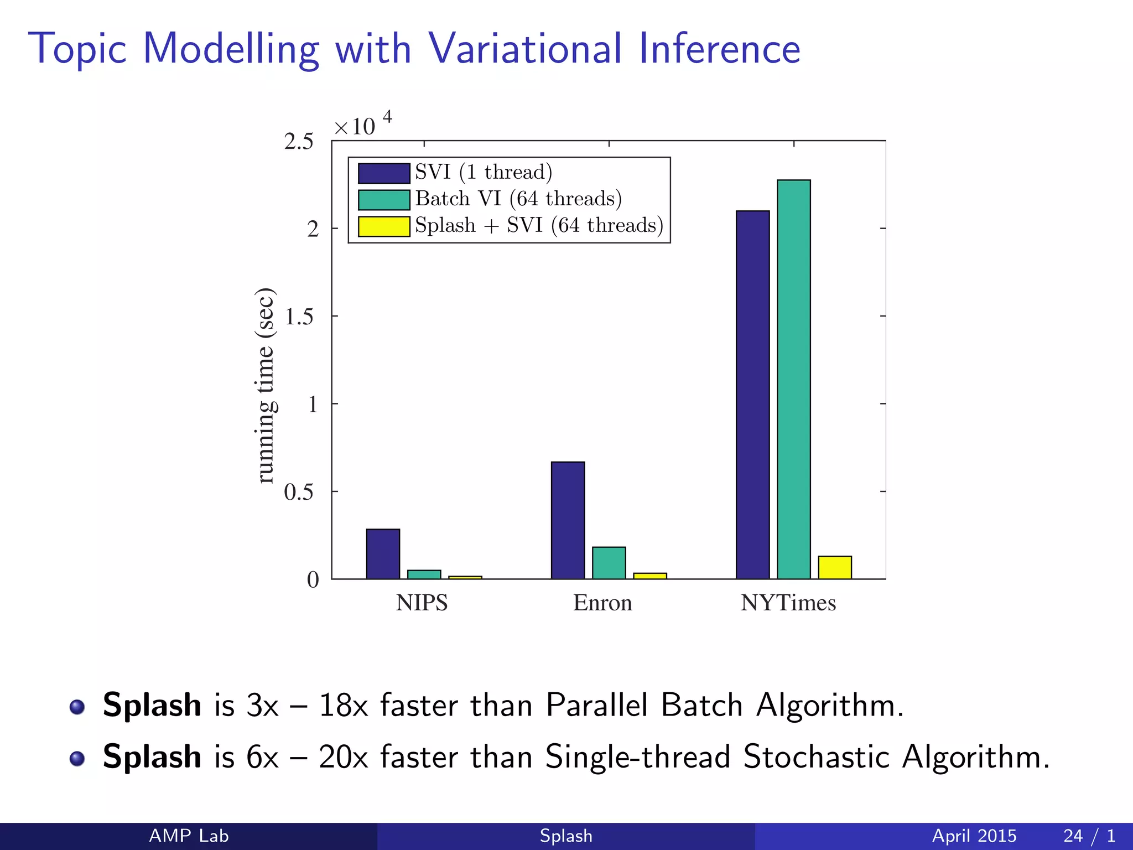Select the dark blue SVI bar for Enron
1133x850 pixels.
568,520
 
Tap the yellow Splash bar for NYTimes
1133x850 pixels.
834,567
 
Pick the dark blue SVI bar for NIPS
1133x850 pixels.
383,554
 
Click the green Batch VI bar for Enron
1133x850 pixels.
609,563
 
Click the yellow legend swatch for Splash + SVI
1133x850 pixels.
384,226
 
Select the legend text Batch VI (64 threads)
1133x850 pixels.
518,199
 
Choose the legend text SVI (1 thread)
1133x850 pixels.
484,172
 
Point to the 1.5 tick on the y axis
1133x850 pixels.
299,317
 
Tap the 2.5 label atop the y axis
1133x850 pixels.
299,142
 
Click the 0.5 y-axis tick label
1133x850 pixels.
299,492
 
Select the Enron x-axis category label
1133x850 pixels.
602,603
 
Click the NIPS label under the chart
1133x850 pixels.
422,603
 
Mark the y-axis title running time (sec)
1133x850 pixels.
266,386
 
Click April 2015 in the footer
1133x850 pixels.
974,836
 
